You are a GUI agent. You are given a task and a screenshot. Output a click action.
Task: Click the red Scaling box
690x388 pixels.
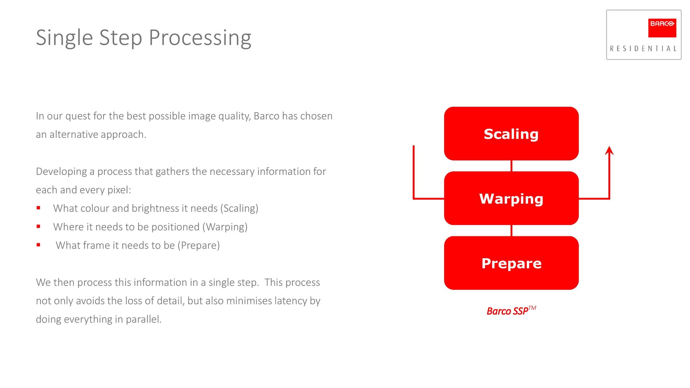[x=511, y=134]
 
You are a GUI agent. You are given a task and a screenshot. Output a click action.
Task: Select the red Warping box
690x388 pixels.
[x=511, y=198]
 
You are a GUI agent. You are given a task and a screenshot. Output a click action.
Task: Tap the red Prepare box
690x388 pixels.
[x=511, y=263]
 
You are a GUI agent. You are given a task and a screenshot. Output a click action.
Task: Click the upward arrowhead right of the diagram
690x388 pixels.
[x=609, y=151]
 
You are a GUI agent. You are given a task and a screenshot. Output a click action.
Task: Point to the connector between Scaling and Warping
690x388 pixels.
[x=511, y=166]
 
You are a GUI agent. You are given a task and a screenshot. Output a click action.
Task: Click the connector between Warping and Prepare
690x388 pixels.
[x=511, y=231]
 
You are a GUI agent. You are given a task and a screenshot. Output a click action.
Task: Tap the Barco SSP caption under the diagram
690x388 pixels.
[x=511, y=310]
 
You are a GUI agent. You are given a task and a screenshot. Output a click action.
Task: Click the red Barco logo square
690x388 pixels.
[x=662, y=28]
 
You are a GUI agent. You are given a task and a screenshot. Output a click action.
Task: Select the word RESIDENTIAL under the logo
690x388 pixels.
[x=643, y=48]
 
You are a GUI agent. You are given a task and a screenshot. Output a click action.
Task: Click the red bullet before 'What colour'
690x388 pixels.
[x=38, y=208]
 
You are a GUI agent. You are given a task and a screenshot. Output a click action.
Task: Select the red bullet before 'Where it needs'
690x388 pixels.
[x=38, y=227]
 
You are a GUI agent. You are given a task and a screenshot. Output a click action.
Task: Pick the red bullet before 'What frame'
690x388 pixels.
[x=38, y=245]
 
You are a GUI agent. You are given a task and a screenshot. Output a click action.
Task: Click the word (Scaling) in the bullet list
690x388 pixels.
[x=239, y=209]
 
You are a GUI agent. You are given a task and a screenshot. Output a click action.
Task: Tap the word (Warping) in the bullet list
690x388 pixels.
[x=225, y=227]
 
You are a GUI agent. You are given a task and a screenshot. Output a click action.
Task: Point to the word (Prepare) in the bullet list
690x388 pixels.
[x=198, y=245]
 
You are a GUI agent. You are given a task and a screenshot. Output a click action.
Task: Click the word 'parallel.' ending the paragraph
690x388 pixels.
[x=144, y=319]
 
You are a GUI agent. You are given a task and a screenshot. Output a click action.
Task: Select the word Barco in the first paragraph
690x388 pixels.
[x=266, y=116]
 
